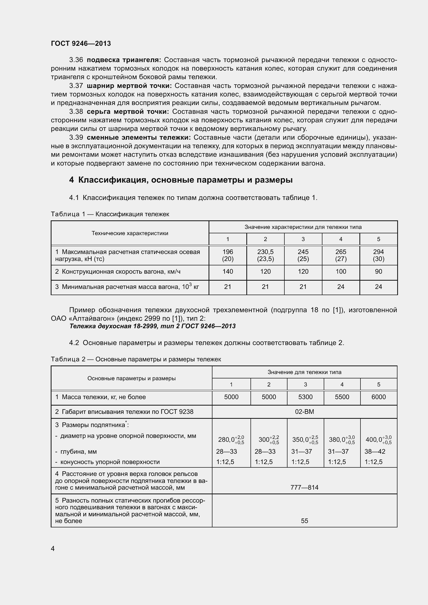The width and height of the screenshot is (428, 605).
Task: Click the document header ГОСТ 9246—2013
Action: click(81, 43)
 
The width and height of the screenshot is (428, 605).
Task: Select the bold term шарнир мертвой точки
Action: click(129, 86)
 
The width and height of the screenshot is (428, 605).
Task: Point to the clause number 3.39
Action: click(76, 138)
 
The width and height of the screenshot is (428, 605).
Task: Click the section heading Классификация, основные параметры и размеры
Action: click(185, 180)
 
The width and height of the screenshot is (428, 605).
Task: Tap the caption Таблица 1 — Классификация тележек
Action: click(110, 214)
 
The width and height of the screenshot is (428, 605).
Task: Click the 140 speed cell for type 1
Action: click(227, 272)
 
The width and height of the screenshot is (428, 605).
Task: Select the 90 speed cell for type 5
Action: click(378, 272)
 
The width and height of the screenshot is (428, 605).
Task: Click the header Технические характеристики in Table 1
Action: click(130, 233)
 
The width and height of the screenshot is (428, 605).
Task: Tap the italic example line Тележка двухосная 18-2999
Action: click(152, 326)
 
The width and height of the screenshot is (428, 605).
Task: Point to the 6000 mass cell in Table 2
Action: click(378, 397)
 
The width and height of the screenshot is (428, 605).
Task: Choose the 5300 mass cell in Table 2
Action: click(305, 397)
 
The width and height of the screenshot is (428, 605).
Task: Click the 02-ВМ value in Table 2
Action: click(304, 412)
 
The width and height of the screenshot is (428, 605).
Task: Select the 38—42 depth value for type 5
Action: click(374, 452)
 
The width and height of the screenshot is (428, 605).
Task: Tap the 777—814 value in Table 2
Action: click(304, 488)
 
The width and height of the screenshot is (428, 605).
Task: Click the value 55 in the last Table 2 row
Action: click(304, 521)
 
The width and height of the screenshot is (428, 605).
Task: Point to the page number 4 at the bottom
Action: click(53, 549)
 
